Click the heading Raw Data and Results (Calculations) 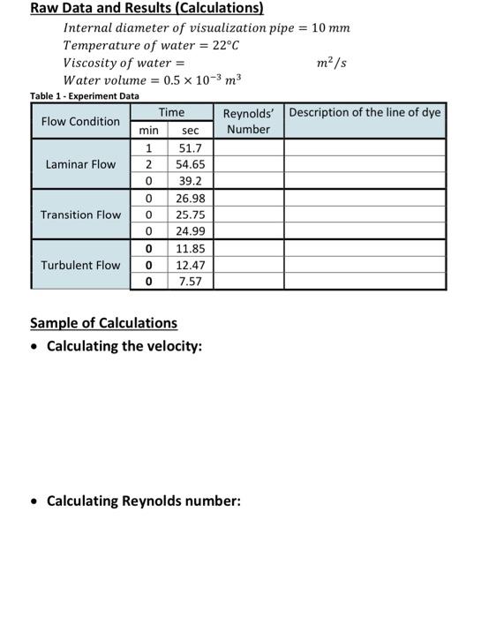point(147,9)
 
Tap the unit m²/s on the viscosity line point(331,63)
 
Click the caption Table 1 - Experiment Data point(84,95)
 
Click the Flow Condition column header point(80,121)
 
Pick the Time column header point(171,113)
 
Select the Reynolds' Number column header point(248,121)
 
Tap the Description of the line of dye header point(365,113)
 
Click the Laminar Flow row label point(80,164)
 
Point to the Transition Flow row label point(80,215)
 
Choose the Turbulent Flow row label point(80,265)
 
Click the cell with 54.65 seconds point(191,164)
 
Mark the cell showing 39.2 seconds point(191,181)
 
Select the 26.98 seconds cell point(191,198)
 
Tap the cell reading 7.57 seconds point(191,282)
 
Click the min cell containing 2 point(149,164)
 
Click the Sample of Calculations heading point(103,323)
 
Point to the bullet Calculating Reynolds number point(143,501)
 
